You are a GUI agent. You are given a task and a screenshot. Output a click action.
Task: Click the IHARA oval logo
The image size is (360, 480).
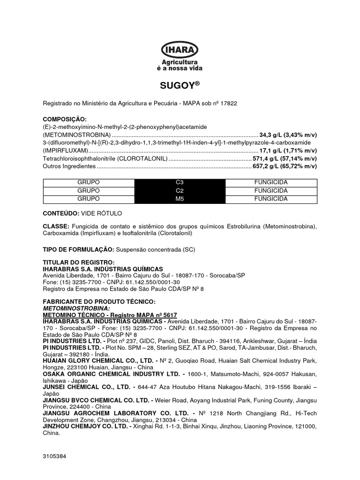pyautogui.click(x=180, y=50)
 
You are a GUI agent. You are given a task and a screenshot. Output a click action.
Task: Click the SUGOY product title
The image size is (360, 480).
pyautogui.click(x=177, y=86)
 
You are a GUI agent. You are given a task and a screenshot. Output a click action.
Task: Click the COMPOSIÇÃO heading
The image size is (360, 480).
pyautogui.click(x=65, y=120)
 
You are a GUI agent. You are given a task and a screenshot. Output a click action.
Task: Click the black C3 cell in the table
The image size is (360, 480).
pyautogui.click(x=180, y=182)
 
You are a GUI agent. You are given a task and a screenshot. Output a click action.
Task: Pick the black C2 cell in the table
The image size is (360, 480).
pyautogui.click(x=180, y=191)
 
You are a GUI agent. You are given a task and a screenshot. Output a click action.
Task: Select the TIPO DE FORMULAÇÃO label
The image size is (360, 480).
pyautogui.click(x=78, y=248)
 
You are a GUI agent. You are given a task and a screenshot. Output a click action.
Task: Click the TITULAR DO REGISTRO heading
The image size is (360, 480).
pyautogui.click(x=78, y=262)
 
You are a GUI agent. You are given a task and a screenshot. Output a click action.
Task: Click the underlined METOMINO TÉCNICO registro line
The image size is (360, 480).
pyautogui.click(x=110, y=315)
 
